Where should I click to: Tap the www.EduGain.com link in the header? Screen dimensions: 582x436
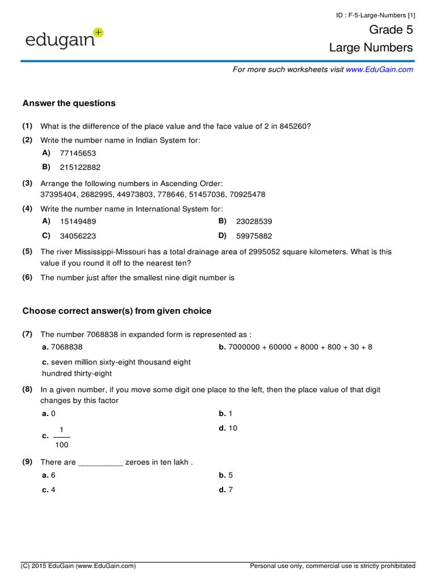pos(379,69)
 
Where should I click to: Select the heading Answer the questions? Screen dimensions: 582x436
pos(69,103)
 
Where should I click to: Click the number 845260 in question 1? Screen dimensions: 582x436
pos(294,125)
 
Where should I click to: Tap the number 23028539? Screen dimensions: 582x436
pos(254,222)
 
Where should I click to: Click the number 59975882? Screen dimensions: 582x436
pos(254,236)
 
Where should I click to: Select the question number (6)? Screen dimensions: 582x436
pos(27,277)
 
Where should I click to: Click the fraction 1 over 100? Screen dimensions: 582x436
pos(62,436)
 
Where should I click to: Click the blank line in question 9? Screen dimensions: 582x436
pos(100,462)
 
